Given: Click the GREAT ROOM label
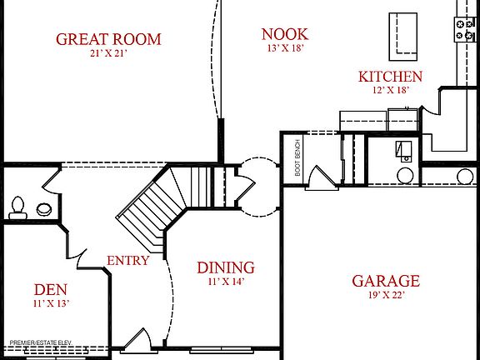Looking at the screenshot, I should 108,39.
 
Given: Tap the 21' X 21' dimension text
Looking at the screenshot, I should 108,53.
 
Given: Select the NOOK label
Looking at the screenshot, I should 285,34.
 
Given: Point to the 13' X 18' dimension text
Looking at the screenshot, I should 285,47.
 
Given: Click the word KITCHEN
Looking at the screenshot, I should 390,77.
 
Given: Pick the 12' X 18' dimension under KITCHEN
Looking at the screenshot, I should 390,90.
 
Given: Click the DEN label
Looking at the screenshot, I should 50,290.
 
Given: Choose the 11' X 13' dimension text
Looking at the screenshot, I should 50,303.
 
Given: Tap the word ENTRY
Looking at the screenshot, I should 128,261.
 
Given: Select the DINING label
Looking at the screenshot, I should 226,267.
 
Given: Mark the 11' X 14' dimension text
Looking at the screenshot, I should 226,281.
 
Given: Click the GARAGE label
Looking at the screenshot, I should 386,282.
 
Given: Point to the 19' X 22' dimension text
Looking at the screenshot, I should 386,295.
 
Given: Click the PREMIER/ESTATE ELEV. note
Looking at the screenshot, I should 41,342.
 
